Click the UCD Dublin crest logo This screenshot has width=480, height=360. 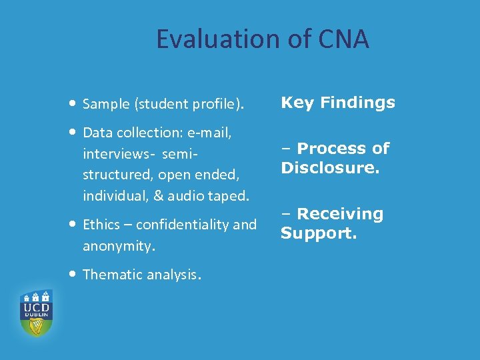click(x=36, y=313)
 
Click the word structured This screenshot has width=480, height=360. click(x=114, y=175)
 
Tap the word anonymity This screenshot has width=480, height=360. click(x=118, y=246)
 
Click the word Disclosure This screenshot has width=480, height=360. click(x=329, y=167)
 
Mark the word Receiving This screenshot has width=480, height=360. click(x=340, y=214)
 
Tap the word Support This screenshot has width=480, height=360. click(x=319, y=233)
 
